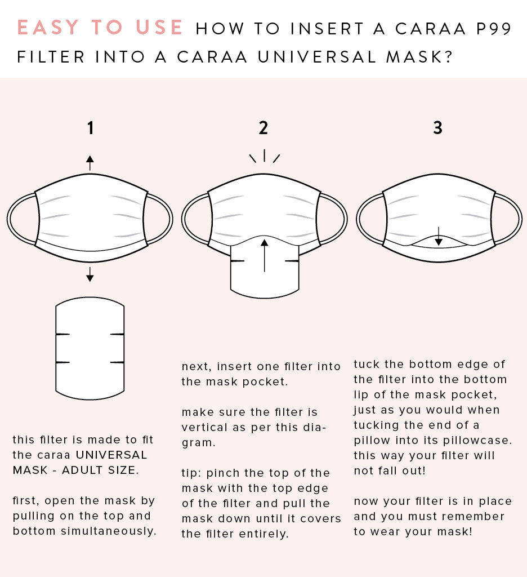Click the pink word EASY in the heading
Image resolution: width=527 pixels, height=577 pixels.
pos(48,28)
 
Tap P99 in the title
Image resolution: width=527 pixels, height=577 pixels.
pos(494,29)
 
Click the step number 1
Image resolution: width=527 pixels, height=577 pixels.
pos(91,128)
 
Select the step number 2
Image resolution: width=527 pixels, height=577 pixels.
pos(263,128)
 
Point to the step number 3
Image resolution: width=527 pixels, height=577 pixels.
pos(437,128)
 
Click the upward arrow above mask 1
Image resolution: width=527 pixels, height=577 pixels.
pos(90,163)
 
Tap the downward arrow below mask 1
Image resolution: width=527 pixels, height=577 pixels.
pos(90,274)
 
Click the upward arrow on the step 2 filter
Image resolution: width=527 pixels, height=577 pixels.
pos(265,255)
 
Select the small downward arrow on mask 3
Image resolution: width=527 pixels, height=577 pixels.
pos(439,236)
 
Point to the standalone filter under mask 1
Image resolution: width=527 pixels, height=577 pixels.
pos(90,348)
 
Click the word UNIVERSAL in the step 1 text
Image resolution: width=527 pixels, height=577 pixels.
pos(111,455)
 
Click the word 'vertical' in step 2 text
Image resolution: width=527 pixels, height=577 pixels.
pos(204,427)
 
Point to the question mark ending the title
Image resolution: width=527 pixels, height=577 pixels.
pos(448,57)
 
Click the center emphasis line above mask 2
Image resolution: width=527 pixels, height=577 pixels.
pos(265,156)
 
